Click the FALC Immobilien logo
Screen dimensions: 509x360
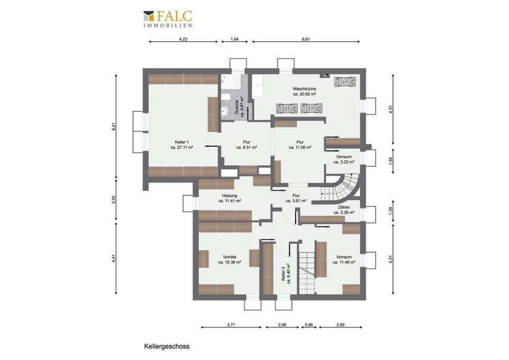168,19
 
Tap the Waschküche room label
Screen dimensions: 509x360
304,91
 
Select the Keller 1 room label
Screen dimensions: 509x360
182,145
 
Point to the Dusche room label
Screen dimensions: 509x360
240,106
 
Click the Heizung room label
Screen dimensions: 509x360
230,198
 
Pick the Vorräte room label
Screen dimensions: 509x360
230,259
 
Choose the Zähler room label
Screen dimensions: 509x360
344,210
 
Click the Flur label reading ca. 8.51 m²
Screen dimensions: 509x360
247,145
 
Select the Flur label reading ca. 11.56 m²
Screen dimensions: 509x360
300,145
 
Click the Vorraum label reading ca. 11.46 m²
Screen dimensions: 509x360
344,259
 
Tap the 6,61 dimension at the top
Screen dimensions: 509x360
306,39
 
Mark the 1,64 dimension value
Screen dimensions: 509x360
234,39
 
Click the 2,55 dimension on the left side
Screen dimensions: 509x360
114,200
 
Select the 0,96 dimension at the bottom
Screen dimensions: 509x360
308,325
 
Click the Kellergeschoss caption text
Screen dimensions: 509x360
167,346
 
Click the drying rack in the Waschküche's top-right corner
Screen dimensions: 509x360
346,82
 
